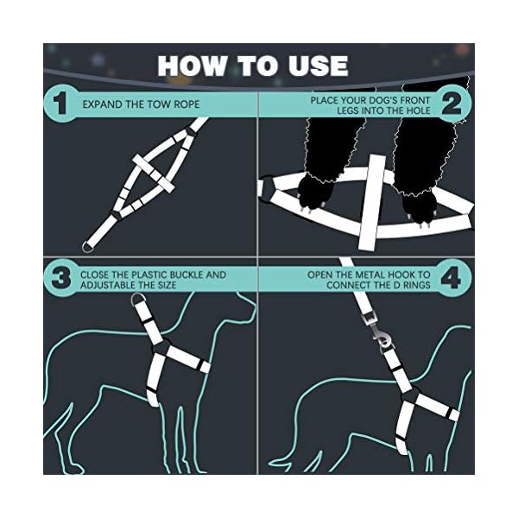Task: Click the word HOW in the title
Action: point(191,66)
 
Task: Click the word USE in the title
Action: point(315,66)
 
